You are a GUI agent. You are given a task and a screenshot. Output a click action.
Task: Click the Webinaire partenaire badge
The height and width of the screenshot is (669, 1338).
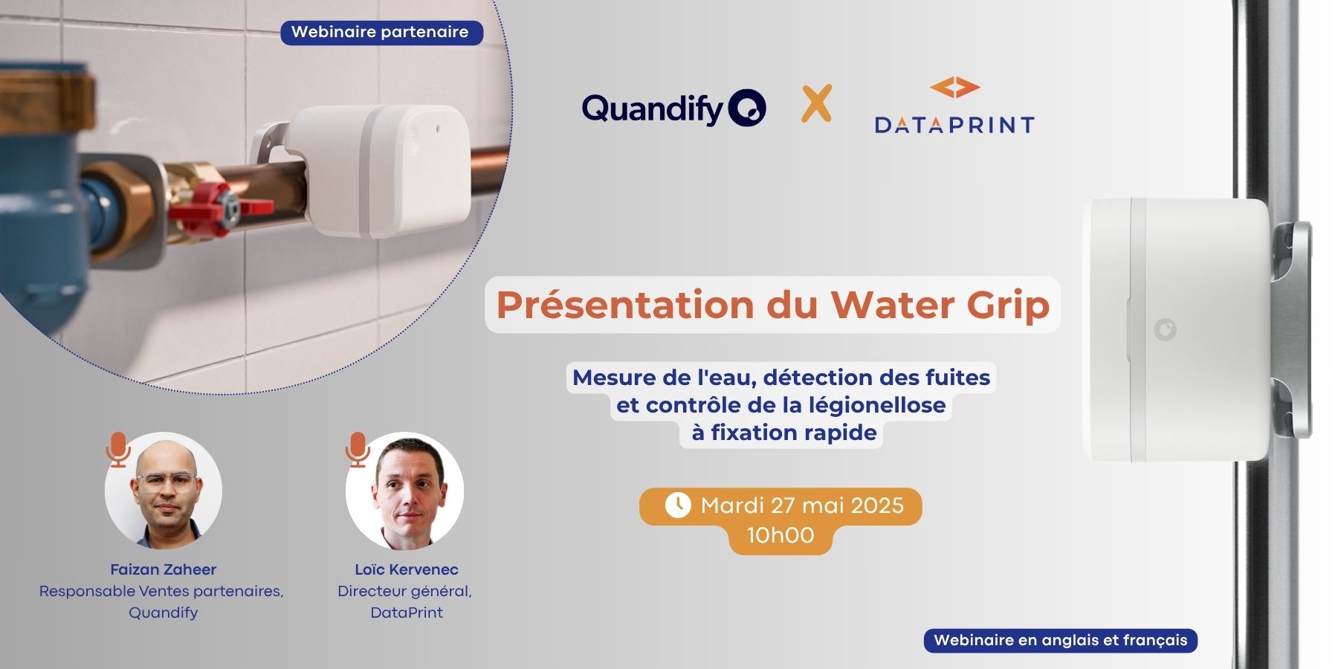[381, 32]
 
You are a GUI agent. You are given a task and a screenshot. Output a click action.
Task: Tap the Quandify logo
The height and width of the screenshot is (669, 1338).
[673, 109]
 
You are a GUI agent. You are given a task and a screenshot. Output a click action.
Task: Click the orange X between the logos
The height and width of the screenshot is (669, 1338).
[816, 103]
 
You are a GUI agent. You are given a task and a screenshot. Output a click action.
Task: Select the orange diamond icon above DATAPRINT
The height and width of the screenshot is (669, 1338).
[954, 88]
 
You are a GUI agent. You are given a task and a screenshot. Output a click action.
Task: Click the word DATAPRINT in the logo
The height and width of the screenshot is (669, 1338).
[954, 125]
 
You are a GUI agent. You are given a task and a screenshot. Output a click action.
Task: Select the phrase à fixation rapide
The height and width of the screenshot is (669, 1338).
[784, 433]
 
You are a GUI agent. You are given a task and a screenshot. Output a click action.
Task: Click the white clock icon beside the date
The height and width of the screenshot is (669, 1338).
[677, 505]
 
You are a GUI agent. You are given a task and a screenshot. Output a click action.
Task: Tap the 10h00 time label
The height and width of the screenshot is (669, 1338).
[780, 535]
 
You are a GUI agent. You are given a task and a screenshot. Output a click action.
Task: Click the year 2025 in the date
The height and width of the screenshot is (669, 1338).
[877, 505]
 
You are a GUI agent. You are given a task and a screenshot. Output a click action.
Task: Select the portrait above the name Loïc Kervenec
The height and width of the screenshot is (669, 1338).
[404, 491]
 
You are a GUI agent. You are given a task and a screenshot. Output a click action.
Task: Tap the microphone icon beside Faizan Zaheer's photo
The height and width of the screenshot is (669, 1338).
[117, 449]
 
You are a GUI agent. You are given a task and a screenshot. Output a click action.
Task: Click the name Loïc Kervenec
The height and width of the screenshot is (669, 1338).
[407, 569]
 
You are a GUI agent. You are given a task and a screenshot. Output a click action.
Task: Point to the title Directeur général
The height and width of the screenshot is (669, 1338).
[404, 592]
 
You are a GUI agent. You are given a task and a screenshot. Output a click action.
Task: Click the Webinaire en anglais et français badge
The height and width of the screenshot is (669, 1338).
[1061, 641]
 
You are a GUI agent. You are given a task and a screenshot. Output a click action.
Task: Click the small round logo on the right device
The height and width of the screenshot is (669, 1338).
[1165, 329]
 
